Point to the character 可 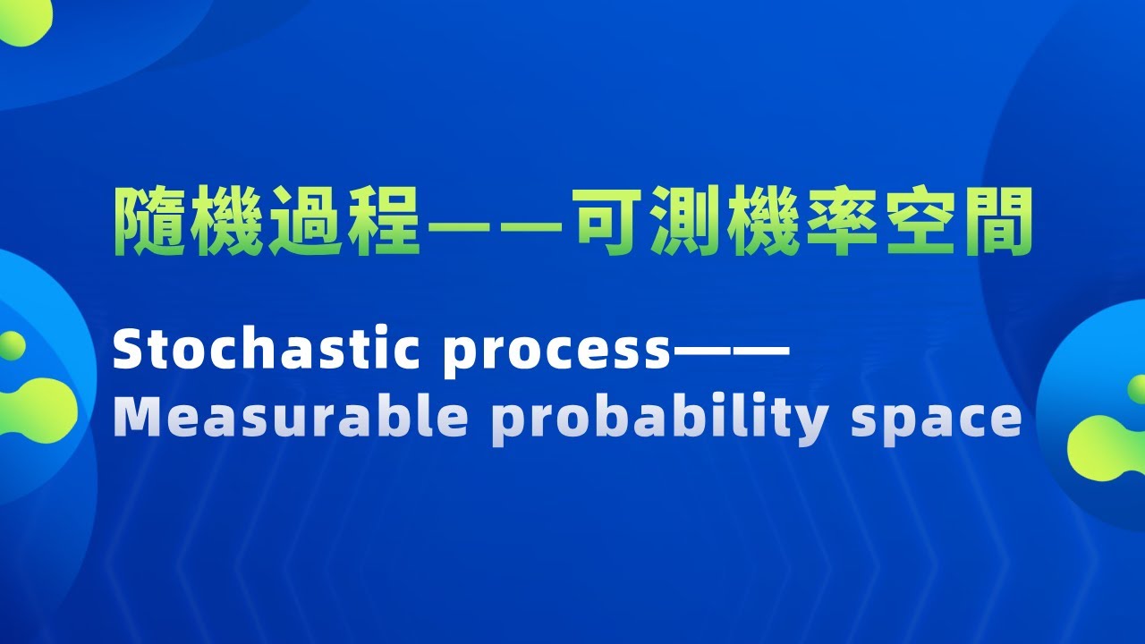(612, 221)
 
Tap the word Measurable (291, 417)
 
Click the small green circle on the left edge (11, 345)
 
